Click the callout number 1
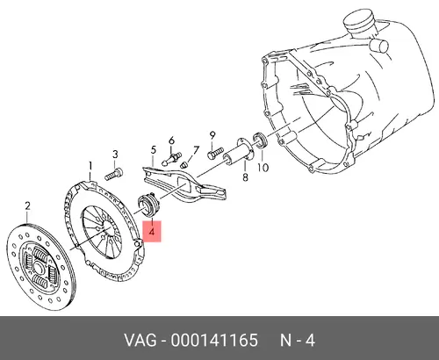pyautogui.click(x=90, y=167)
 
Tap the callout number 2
pyautogui.click(x=27, y=206)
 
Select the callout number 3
pyautogui.click(x=115, y=155)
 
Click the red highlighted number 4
pyautogui.click(x=152, y=232)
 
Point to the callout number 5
pyautogui.click(x=154, y=150)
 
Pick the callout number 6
pyautogui.click(x=171, y=140)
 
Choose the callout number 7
pyautogui.click(x=196, y=150)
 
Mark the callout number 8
pyautogui.click(x=245, y=177)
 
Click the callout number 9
pyautogui.click(x=212, y=136)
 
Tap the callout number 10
pyautogui.click(x=263, y=168)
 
